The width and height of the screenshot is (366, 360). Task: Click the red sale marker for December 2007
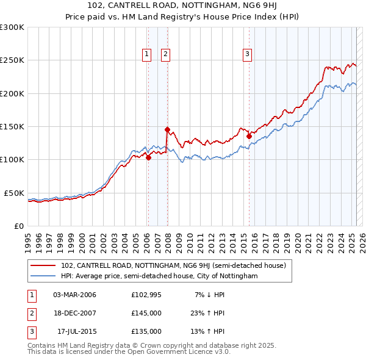click(167, 129)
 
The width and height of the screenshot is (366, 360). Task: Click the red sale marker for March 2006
click(148, 157)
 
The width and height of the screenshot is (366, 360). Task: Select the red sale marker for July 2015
click(249, 137)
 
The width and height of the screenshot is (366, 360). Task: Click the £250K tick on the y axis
click(12, 60)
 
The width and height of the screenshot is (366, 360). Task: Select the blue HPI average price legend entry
click(159, 276)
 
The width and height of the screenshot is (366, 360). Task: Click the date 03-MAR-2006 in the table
click(75, 295)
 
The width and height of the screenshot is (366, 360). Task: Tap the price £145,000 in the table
click(146, 313)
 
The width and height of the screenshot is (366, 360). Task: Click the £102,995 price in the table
click(146, 295)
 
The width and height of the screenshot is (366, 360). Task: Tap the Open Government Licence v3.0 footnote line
click(129, 351)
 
